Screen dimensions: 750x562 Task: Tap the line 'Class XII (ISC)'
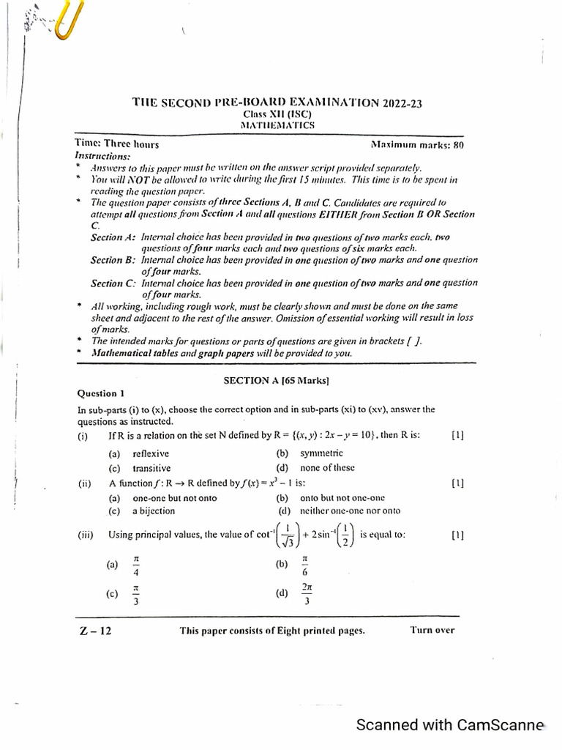pyautogui.click(x=277, y=114)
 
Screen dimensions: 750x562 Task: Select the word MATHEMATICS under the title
pyautogui.click(x=277, y=125)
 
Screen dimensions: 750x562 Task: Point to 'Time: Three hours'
pyautogui.click(x=117, y=144)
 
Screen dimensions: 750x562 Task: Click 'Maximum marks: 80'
pyautogui.click(x=417, y=145)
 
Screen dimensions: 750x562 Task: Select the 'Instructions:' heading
pyautogui.click(x=102, y=156)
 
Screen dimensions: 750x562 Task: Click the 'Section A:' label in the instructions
pyautogui.click(x=113, y=237)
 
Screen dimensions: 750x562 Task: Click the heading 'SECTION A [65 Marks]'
pyautogui.click(x=276, y=381)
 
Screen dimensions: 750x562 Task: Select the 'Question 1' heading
pyautogui.click(x=101, y=393)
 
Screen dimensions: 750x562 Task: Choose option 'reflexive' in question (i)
pyautogui.click(x=151, y=453)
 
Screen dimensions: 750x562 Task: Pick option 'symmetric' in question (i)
pyautogui.click(x=321, y=453)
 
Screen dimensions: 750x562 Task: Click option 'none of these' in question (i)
pyautogui.click(x=327, y=468)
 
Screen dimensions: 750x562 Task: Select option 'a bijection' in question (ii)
pyautogui.click(x=153, y=510)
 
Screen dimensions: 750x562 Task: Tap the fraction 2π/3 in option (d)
pyautogui.click(x=307, y=594)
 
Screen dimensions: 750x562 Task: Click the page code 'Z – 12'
pyautogui.click(x=95, y=631)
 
